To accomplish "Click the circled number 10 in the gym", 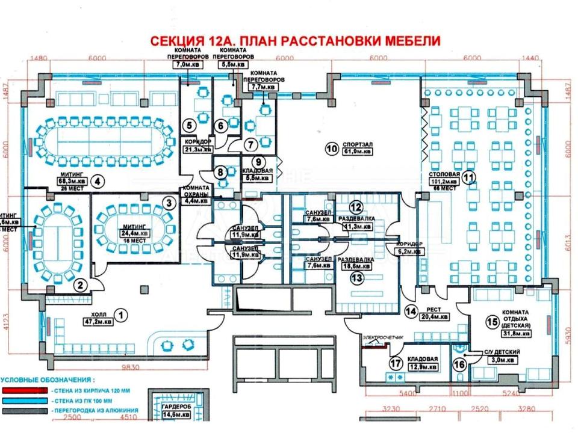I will pyautogui.click(x=330, y=147).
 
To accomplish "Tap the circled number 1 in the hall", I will pyautogui.click(x=122, y=313).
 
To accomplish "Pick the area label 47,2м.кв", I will pyautogui.click(x=99, y=322).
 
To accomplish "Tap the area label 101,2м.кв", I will pyautogui.click(x=445, y=182).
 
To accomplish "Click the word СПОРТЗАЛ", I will pyautogui.click(x=356, y=145).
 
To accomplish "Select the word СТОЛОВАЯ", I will pyautogui.click(x=445, y=174).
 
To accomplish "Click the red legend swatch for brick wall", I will pyautogui.click(x=20, y=390).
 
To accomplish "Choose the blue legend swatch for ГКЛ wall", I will pyautogui.click(x=20, y=401).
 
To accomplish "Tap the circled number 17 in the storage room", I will pyautogui.click(x=396, y=363).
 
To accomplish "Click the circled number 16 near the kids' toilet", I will pyautogui.click(x=460, y=364).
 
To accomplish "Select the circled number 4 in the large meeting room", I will pyautogui.click(x=99, y=180).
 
